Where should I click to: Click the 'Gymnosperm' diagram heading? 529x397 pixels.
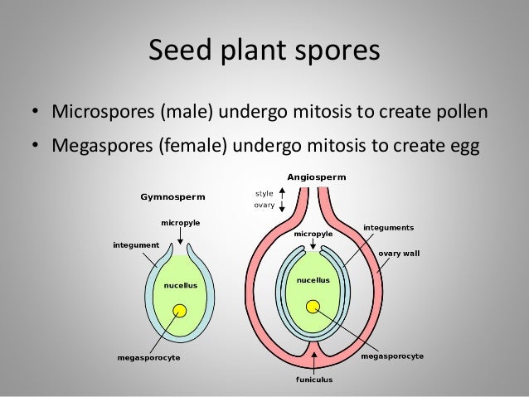click(173, 197)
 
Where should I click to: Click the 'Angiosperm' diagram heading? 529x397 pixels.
click(317, 177)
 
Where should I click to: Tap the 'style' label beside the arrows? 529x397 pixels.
click(264, 194)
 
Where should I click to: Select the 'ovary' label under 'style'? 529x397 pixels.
click(264, 206)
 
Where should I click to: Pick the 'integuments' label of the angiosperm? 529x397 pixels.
click(389, 226)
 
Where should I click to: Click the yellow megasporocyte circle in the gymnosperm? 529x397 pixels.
click(179, 312)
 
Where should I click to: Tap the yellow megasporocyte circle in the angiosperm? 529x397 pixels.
click(313, 307)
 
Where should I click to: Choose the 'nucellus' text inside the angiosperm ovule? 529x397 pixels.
click(313, 280)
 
